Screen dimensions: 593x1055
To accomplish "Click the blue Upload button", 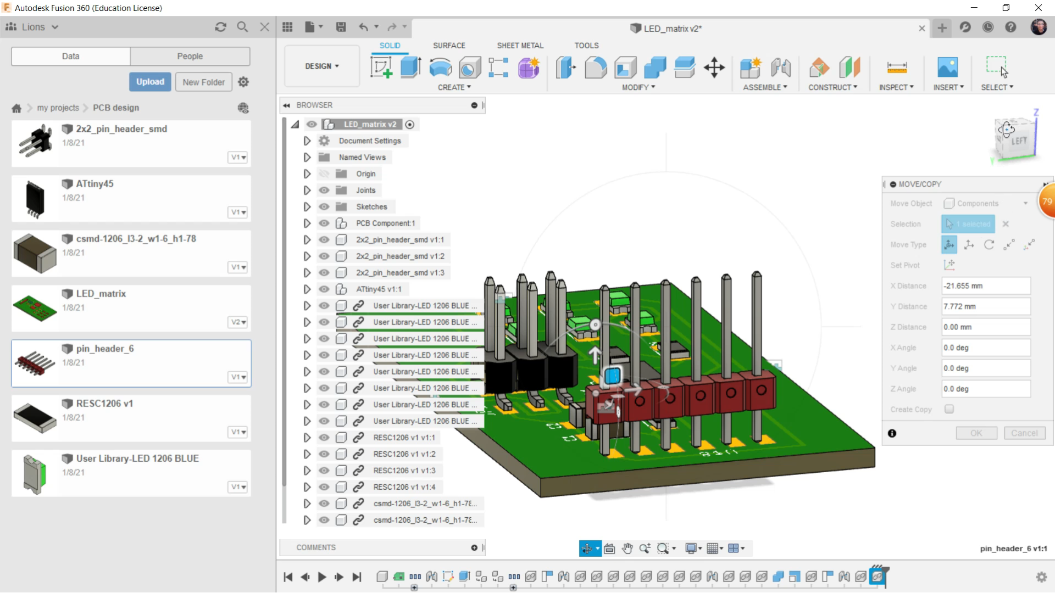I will coord(150,82).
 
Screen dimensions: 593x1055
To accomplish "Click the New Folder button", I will coord(203,82).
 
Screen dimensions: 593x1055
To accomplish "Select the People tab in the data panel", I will coord(190,56).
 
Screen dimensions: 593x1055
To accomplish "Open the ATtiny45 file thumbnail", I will coord(35,198).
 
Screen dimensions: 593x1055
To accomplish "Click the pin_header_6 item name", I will coord(104,349).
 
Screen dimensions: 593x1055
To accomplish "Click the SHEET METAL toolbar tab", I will coord(520,46).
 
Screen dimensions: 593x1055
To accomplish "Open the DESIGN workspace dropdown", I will coord(322,66).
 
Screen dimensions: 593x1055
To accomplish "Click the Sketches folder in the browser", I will coord(371,206).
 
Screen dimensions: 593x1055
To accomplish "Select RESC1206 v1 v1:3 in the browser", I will coord(404,471).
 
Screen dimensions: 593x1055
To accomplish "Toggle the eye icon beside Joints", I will coord(324,190).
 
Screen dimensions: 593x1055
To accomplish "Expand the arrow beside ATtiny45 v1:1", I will coord(307,289).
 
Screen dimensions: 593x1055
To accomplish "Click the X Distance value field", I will coord(986,286).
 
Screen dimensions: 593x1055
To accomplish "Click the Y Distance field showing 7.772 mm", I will coord(986,306).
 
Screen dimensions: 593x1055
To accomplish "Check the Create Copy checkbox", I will coord(949,409).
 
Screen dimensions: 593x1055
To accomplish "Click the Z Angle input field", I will coord(986,389).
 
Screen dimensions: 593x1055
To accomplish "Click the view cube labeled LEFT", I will coord(1018,141).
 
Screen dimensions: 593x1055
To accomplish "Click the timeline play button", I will coord(322,577).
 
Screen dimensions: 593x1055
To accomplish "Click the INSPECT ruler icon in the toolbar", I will coord(897,68).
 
